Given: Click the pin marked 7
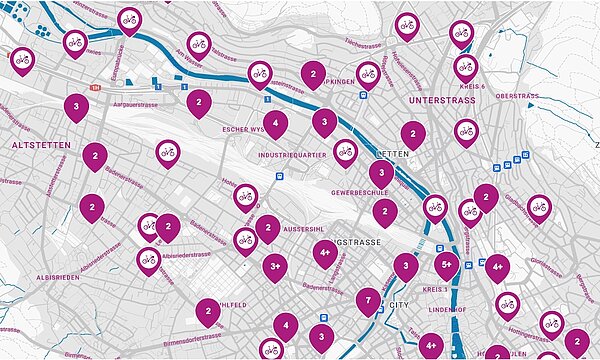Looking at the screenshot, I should point(368,298).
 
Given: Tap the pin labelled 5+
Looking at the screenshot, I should point(447,265).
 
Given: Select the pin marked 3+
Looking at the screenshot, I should point(275,266).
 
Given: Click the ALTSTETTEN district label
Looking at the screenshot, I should point(38,145).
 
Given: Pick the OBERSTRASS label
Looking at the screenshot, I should point(517,96).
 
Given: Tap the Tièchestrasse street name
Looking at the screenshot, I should point(365,44).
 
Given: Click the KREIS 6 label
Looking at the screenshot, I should point(470,87).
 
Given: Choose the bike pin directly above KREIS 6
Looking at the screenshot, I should point(465,66).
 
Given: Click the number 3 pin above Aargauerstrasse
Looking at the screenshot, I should point(76,105).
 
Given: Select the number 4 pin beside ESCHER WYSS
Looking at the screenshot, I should point(275,123).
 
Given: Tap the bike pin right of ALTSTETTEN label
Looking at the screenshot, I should point(168,152).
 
